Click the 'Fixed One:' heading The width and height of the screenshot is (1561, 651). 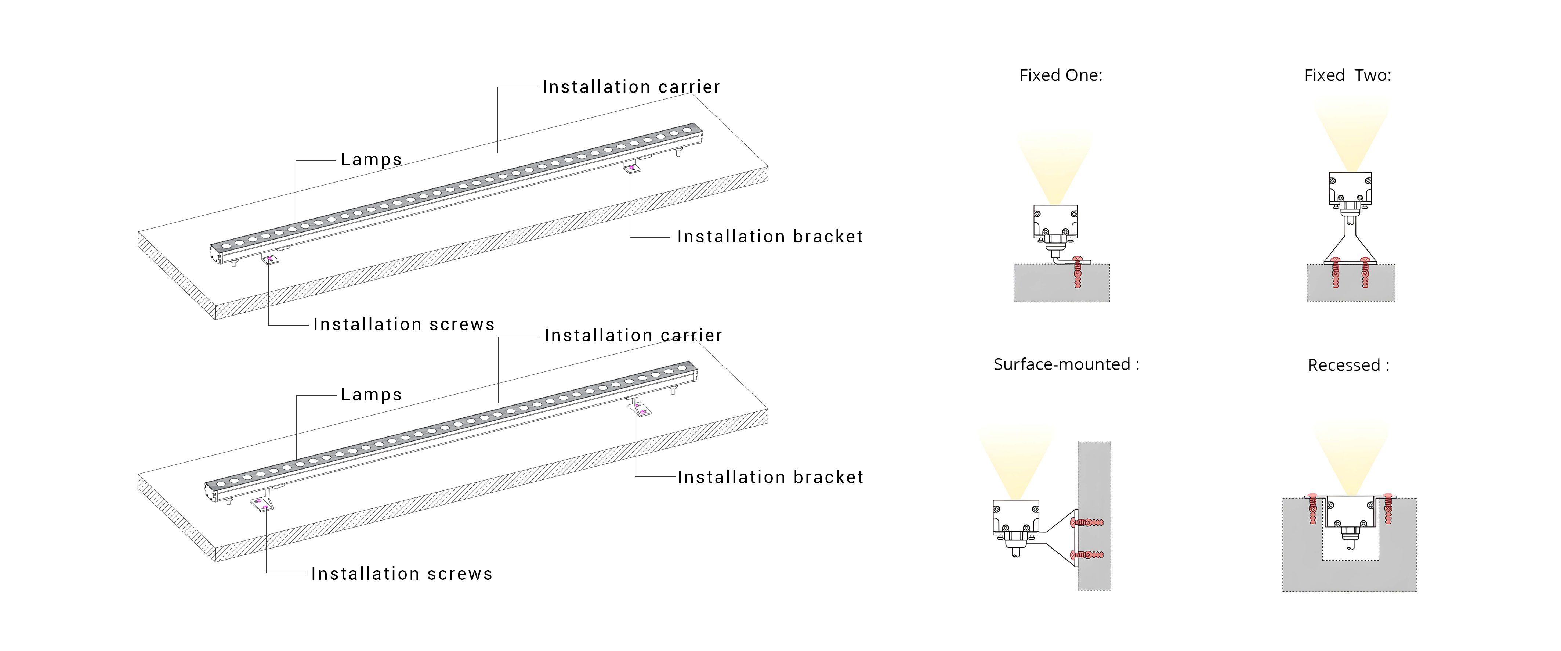1061,75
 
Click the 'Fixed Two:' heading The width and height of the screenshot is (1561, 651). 1348,75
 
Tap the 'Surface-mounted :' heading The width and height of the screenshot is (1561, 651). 1066,364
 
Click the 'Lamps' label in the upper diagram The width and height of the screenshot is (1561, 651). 371,159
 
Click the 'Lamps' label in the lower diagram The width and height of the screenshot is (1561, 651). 371,395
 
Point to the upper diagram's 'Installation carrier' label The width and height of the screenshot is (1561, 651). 631,87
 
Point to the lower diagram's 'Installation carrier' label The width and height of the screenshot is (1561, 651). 633,335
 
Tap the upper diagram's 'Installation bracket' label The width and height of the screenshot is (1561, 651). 769,236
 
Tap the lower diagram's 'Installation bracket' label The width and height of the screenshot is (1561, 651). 770,477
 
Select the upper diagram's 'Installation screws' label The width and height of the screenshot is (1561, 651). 403,324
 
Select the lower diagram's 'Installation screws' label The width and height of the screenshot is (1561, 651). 402,573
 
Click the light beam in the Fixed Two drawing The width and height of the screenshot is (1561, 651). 1351,133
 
